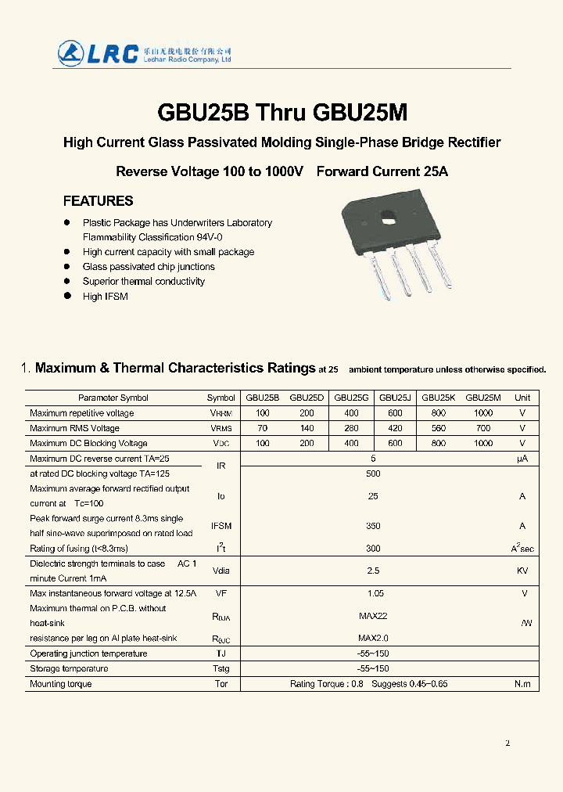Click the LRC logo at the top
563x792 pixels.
pos(99,52)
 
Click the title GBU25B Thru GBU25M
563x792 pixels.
pos(281,113)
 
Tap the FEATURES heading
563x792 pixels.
pos(98,201)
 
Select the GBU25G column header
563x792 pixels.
pos(351,398)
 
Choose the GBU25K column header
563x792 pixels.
pos(438,398)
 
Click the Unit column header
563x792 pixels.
pos(522,398)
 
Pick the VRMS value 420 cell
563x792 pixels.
pos(395,428)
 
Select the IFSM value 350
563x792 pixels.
pos(373,527)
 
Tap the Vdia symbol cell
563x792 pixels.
pos(221,571)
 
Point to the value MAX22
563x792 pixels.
pos(373,616)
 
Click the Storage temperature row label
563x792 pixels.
pos(69,669)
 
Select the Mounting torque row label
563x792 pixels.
pos(60,684)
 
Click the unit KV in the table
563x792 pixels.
pos(522,571)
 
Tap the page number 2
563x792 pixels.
pos(507,743)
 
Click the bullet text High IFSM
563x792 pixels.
pos(105,297)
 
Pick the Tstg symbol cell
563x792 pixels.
pos(221,669)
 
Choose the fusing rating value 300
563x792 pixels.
pos(373,549)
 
